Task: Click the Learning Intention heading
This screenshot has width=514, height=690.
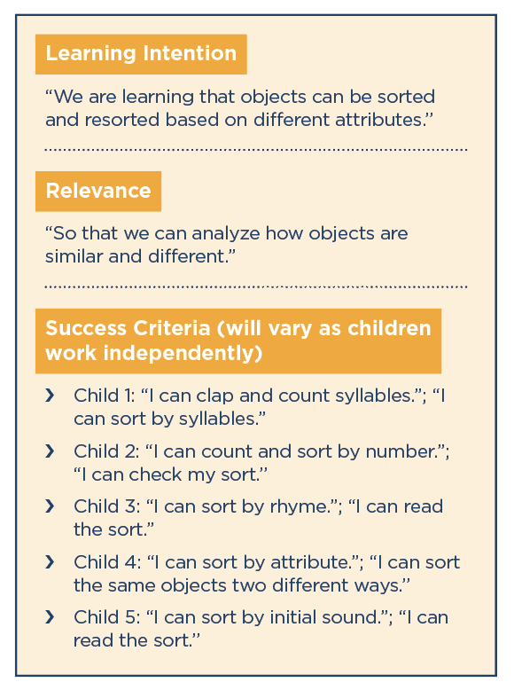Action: pos(141,54)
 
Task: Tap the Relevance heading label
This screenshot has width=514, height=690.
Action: pos(98,191)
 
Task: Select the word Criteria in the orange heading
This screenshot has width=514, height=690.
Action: pos(171,328)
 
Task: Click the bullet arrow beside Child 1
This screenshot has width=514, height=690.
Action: pos(51,396)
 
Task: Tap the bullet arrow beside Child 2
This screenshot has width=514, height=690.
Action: pos(51,451)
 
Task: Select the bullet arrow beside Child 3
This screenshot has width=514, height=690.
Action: pos(51,506)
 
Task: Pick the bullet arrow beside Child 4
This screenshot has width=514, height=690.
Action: pos(51,562)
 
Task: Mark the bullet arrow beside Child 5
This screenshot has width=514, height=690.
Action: pos(51,617)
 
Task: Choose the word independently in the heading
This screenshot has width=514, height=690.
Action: pos(183,353)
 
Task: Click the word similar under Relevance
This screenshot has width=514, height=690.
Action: pos(74,256)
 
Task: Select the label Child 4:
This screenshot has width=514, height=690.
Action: pos(108,563)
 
